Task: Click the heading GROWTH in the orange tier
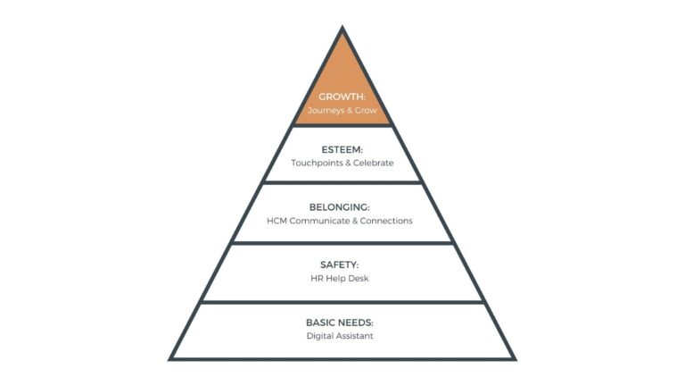pos(342,97)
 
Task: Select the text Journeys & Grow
pos(342,112)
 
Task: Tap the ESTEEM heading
pos(342,149)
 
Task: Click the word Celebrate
pos(372,164)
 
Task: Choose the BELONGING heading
pos(342,206)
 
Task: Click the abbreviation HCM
pos(277,221)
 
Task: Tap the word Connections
pos(386,221)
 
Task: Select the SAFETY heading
pos(342,264)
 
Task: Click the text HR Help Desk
pos(342,279)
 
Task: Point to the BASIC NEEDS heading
pos(342,322)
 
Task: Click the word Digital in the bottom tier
pos(322,336)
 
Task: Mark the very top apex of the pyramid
pos(342,29)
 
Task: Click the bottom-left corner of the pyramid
pos(171,358)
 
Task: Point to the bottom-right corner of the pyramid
pos(514,358)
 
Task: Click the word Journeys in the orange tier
pos(326,112)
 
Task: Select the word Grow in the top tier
pos(367,112)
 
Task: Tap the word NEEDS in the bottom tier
pos(359,322)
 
